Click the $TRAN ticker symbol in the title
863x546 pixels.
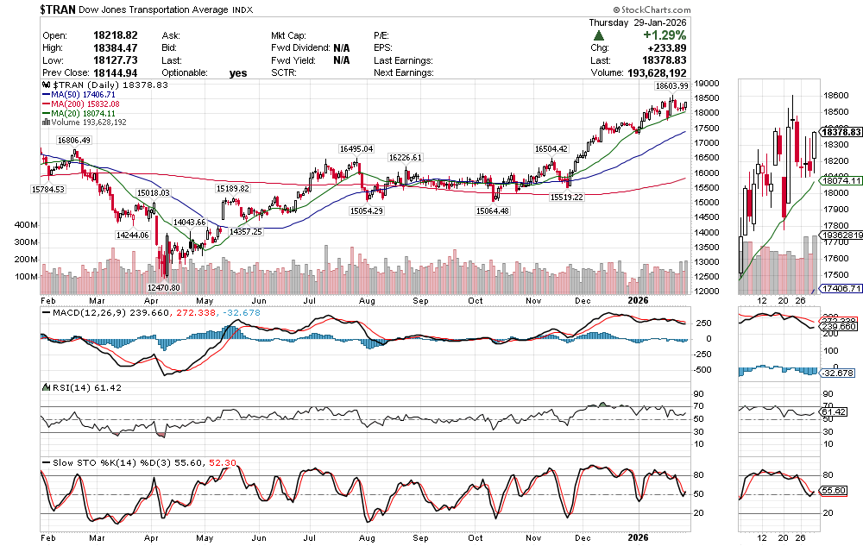point(62,9)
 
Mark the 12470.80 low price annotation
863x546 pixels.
point(163,287)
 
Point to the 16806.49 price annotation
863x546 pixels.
point(75,140)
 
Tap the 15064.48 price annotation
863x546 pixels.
point(492,211)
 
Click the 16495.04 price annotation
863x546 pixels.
point(356,149)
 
